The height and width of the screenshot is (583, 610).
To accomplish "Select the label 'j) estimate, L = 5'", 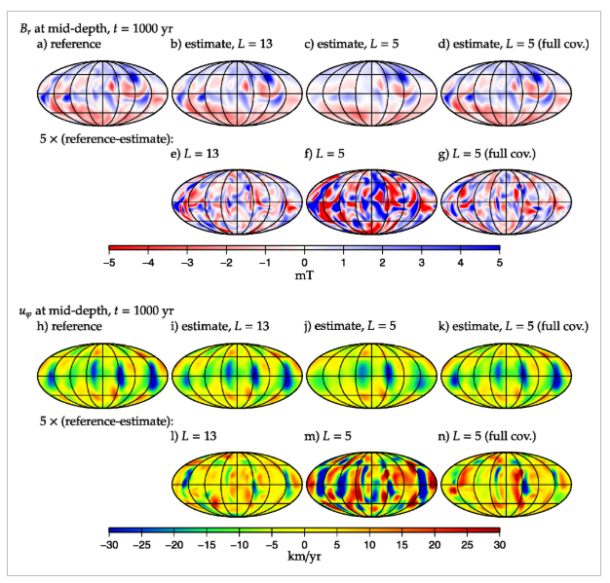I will click(x=352, y=326).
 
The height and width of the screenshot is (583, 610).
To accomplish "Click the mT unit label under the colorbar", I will click(x=304, y=275).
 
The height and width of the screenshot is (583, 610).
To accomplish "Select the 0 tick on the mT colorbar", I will click(x=304, y=263).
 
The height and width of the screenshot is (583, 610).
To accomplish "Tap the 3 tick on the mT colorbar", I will click(x=421, y=263).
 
